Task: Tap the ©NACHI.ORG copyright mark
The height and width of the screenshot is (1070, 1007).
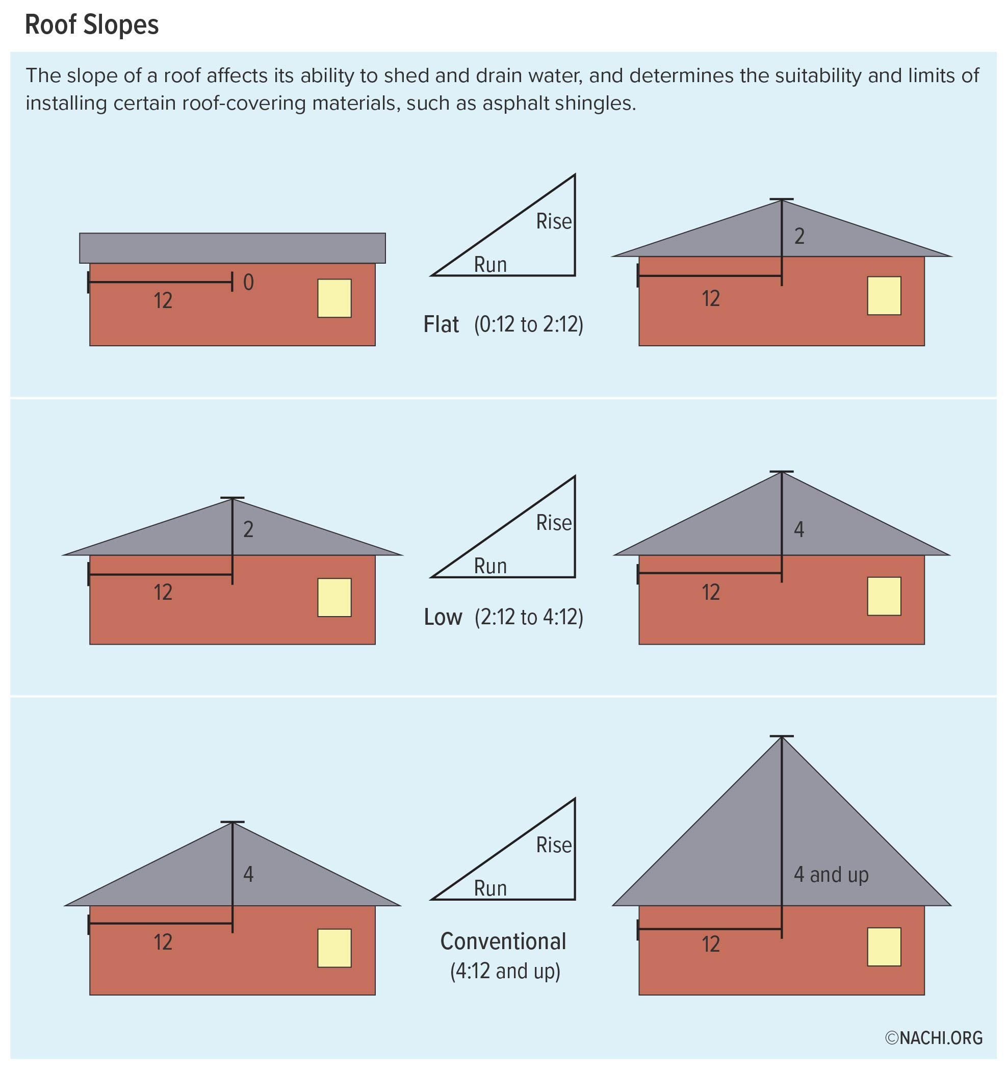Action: coord(934,1038)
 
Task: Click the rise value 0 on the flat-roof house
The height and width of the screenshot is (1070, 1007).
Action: coord(248,282)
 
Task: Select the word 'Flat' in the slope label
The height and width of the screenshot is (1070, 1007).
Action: coord(441,324)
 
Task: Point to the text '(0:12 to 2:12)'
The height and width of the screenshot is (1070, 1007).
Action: coord(528,324)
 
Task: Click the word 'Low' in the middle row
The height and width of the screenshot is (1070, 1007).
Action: coord(443,617)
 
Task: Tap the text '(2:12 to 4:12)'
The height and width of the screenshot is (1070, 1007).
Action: coord(529,617)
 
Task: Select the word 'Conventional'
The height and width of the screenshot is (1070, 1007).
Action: coord(503,941)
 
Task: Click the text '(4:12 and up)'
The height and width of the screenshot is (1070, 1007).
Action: coord(505,971)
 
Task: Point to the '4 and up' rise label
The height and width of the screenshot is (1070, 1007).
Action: coord(831,875)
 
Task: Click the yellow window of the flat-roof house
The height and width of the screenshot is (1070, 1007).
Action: coord(334,298)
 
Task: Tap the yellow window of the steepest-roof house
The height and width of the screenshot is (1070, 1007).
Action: coord(884,947)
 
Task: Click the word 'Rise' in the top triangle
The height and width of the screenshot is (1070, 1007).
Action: coord(553,221)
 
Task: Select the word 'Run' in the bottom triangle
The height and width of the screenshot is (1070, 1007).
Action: coord(490,888)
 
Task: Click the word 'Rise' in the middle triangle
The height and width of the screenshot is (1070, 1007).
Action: coord(553,523)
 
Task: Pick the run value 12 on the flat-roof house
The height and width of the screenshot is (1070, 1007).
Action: coord(163,300)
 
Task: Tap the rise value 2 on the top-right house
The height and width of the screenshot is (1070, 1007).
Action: coord(799,236)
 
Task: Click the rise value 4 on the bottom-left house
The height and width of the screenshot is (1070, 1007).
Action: coord(248,874)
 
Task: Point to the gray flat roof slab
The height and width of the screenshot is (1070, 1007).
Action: coord(232,248)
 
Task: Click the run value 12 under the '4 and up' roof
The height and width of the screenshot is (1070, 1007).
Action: coord(710,944)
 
